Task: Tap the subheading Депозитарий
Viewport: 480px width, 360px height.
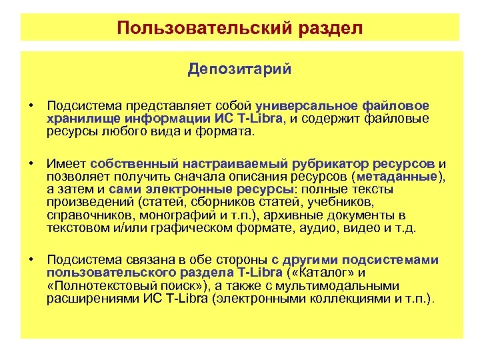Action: click(239, 69)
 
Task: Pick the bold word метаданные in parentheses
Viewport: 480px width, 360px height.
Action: click(398, 176)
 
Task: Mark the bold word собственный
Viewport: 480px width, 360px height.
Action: click(129, 163)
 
